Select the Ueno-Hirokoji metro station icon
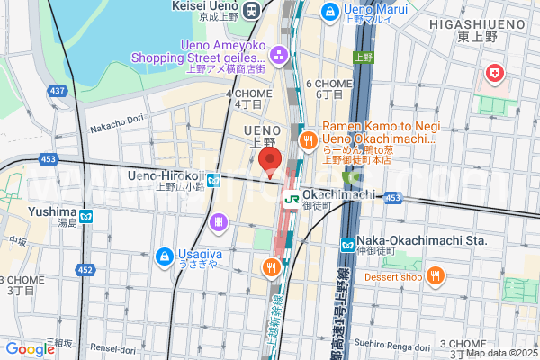(213, 181)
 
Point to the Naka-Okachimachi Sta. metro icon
(347, 244)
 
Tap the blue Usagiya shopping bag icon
(165, 257)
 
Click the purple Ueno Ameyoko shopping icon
(280, 57)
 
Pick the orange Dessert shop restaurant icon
(435, 275)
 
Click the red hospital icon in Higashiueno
(494, 72)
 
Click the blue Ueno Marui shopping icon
(329, 11)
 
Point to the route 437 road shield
(58, 91)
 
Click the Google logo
(30, 348)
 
